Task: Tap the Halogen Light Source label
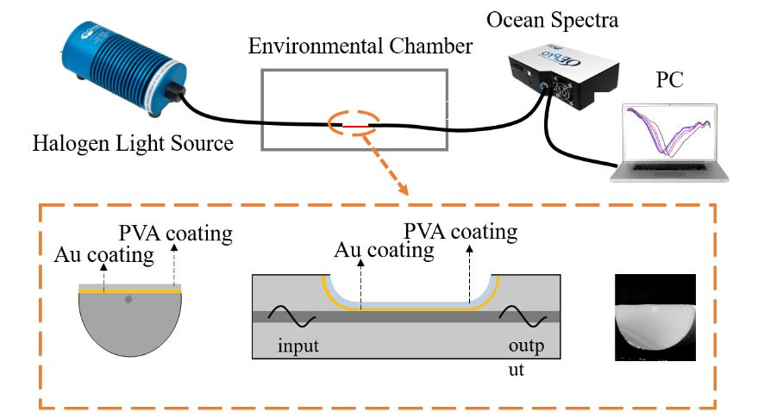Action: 132,143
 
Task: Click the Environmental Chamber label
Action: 360,46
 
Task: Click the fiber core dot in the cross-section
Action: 128,300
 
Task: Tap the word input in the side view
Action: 298,346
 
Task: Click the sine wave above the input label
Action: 289,318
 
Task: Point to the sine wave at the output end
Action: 526,318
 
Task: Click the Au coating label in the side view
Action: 385,251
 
